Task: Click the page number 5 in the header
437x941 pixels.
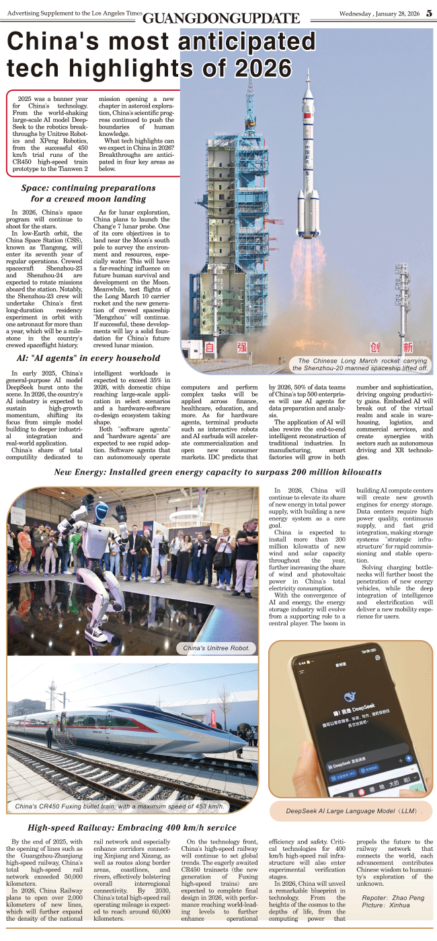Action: pos(429,14)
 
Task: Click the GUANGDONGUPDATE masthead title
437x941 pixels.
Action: pos(221,18)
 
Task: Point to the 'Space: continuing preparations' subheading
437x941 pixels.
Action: pos(79,188)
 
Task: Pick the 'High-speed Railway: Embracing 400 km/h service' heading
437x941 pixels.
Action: pos(132,827)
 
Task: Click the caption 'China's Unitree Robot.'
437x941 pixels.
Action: pos(216,648)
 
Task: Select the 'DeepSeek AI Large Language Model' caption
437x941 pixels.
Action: pos(350,811)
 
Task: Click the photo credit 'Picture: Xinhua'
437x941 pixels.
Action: pos(385,907)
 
